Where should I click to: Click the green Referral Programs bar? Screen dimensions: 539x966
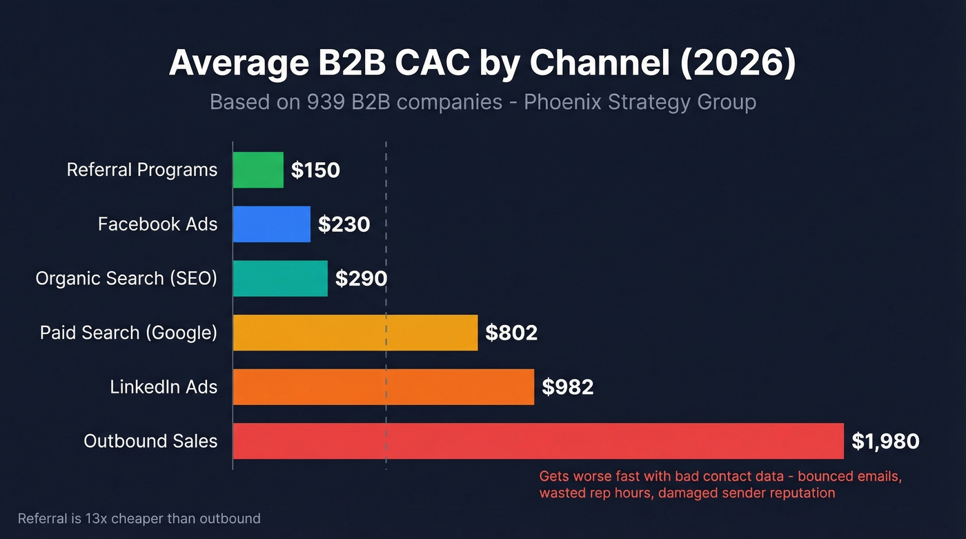(258, 170)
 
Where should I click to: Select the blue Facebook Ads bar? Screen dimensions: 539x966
(271, 224)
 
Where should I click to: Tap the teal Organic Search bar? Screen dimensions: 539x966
(280, 278)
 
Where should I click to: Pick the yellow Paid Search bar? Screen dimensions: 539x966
(355, 333)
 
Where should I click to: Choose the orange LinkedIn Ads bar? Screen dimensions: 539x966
(383, 386)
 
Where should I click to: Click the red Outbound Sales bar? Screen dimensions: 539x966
(538, 441)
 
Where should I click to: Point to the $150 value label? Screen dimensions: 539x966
(315, 170)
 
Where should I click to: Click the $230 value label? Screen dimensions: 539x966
(344, 224)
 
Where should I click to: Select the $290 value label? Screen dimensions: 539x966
(361, 279)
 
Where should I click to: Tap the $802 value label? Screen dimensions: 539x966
(511, 333)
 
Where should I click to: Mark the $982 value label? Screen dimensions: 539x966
(567, 387)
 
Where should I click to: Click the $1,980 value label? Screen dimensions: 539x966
(885, 442)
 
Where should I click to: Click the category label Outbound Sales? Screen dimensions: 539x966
(150, 441)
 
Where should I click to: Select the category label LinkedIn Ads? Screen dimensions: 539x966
(164, 387)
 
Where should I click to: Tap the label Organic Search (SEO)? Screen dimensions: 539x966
(126, 278)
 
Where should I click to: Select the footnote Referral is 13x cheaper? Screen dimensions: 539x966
(139, 518)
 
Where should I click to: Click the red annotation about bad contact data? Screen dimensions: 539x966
(720, 484)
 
